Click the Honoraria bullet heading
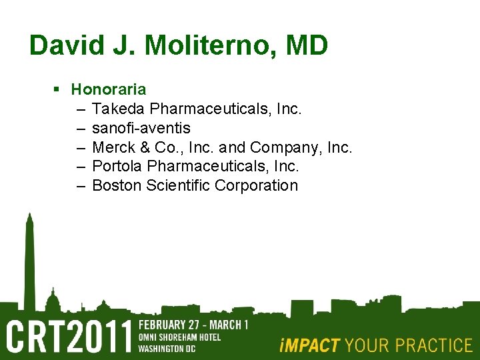pos(109,89)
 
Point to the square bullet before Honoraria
pos(58,89)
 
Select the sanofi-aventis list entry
pos(141,127)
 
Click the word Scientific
pos(177,185)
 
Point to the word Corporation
pos(257,185)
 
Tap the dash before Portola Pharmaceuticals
pos(81,166)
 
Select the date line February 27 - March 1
pos(193,325)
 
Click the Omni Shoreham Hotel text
pos(179,337)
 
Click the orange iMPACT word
pos(310,345)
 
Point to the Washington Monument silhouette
pos(29,260)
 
